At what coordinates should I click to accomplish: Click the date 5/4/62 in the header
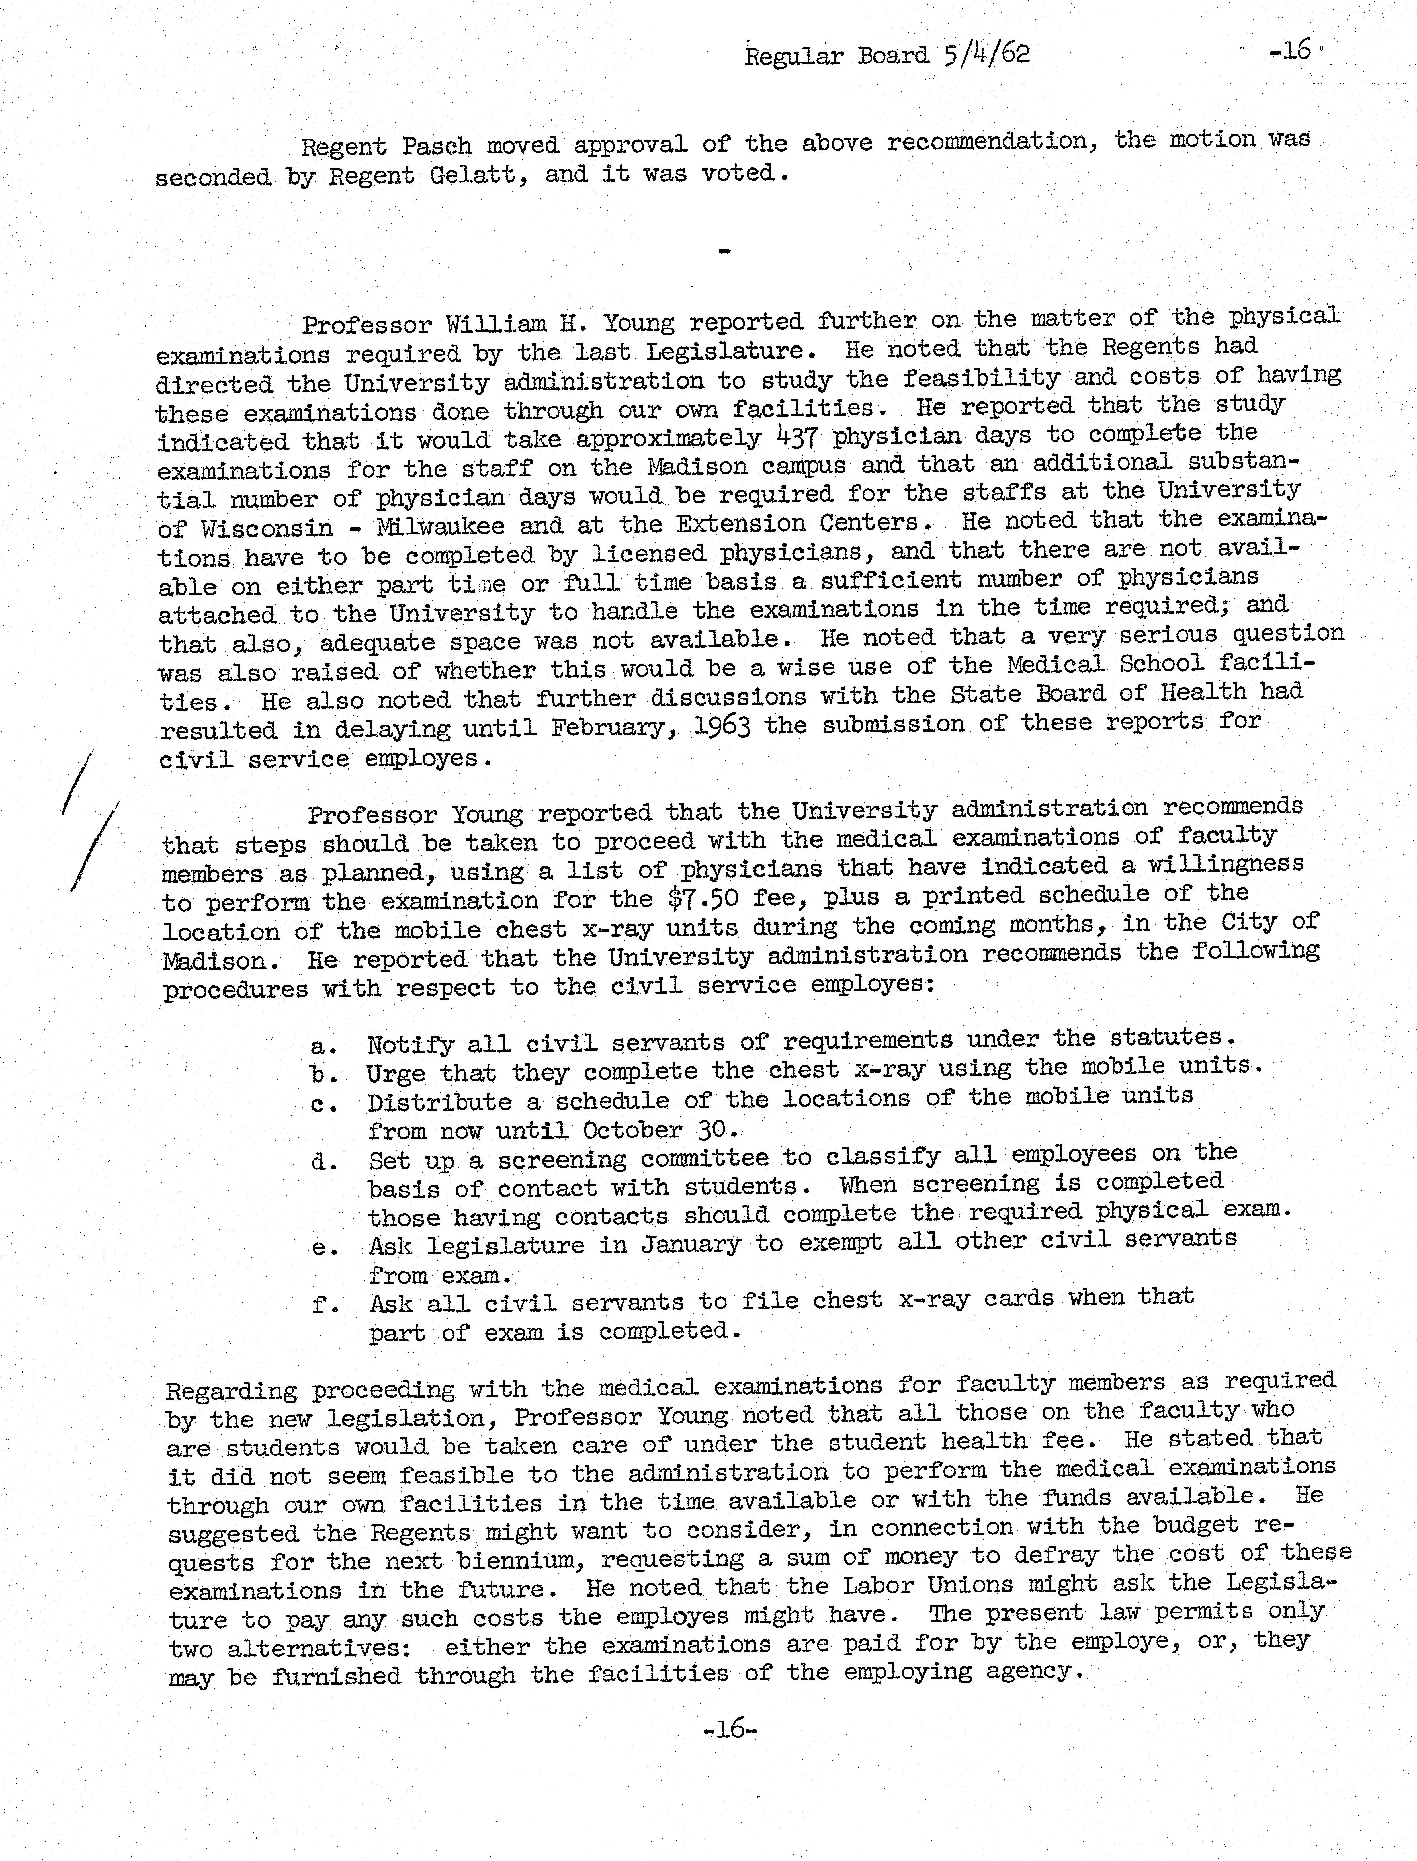point(987,55)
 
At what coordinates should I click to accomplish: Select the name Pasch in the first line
point(436,147)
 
